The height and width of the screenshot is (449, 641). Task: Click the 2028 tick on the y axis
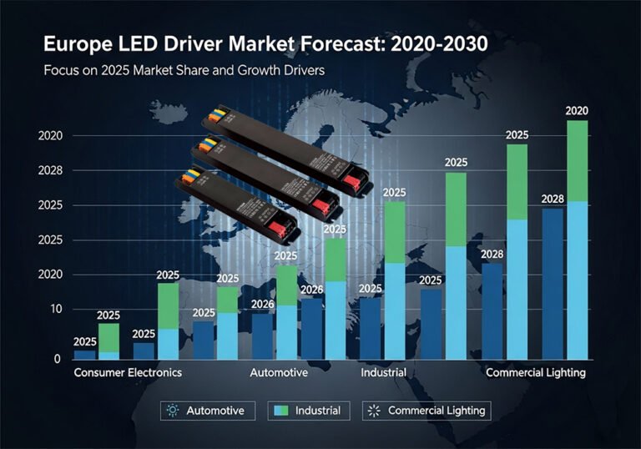51,170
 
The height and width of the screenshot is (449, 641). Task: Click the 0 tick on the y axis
58,358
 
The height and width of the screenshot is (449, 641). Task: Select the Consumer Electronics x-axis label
128,372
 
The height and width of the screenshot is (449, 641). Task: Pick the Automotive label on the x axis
279,372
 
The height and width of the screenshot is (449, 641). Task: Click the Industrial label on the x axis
383,372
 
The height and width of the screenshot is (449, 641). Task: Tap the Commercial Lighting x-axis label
535,372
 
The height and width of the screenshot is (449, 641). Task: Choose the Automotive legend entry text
215,411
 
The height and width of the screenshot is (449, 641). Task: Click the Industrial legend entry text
317,411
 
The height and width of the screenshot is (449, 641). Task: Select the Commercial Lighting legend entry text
436,411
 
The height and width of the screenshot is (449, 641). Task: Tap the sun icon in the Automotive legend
173,411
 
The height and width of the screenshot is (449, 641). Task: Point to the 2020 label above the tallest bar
577,110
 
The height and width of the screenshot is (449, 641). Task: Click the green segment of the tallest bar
577,160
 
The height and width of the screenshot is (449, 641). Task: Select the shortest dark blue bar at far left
84,355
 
